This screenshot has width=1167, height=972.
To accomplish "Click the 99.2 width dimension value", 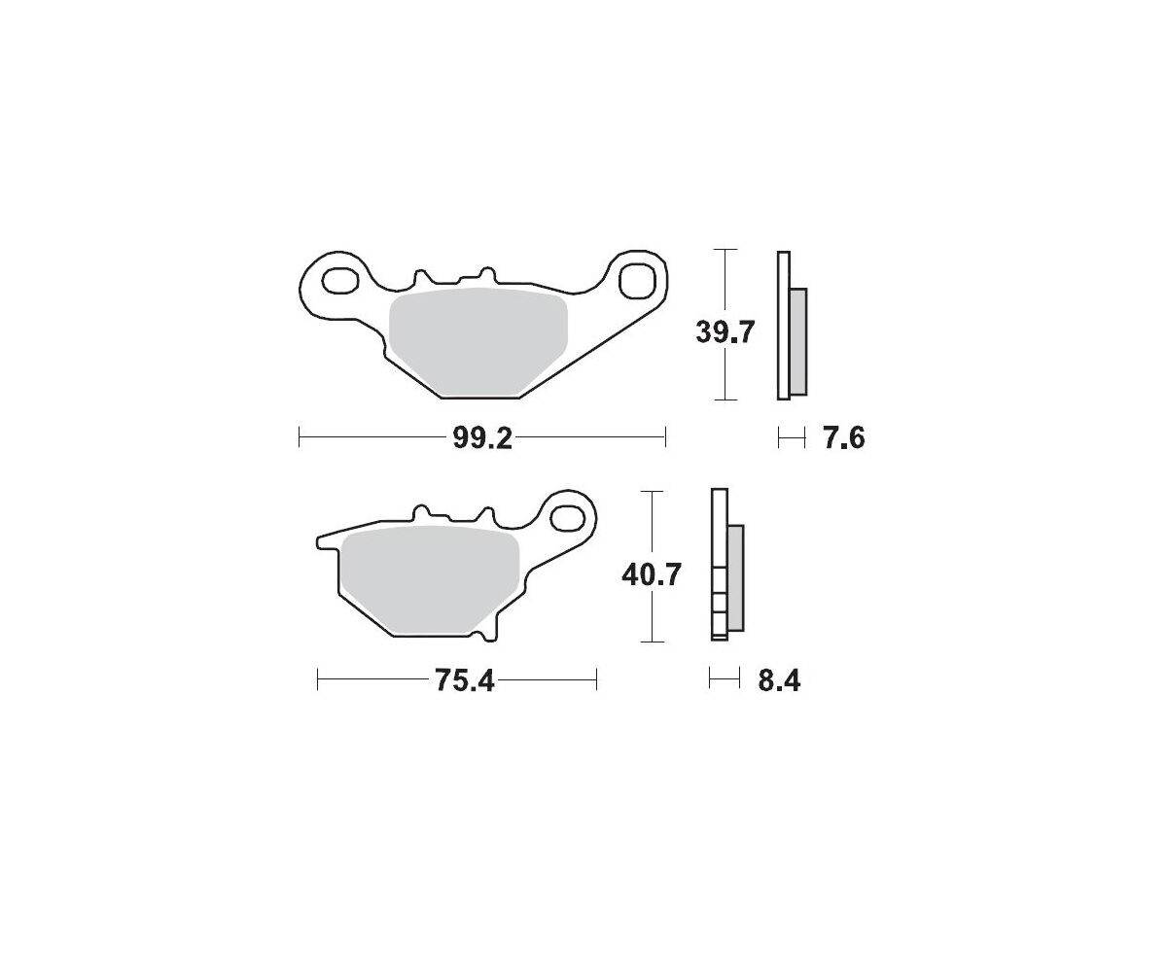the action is pos(481,438).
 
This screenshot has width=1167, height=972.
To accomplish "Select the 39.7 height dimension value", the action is pos(725,333).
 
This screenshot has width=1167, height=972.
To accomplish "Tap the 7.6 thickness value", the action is pos(843,438).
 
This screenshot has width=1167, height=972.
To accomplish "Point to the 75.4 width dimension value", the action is pos(465,681).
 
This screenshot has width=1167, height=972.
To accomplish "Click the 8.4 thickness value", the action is pos(779,681).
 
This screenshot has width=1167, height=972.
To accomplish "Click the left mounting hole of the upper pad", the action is pos(340,281).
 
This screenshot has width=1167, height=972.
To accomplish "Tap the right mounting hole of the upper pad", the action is pos(637,281).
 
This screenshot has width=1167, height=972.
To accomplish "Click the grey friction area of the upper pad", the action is pos(477,342).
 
